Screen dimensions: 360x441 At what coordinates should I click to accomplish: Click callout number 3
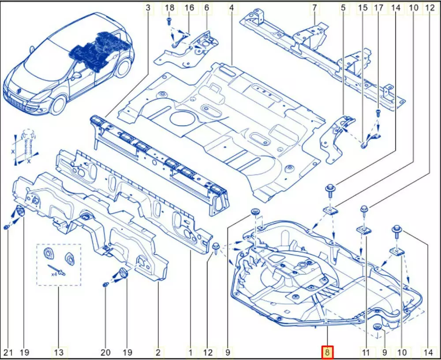point(148,7)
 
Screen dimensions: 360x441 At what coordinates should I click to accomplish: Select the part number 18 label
point(169,7)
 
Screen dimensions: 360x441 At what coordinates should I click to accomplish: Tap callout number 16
point(189,7)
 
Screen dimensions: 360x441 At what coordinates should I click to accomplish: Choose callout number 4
point(232,7)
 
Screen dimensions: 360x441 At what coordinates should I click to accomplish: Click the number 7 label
point(314,7)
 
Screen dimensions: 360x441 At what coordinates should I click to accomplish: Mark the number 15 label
point(363,7)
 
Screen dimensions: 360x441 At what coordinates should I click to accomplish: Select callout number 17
point(379,7)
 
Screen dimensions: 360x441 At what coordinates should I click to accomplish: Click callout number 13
point(59,352)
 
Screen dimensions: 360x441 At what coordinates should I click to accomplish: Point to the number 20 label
point(105,352)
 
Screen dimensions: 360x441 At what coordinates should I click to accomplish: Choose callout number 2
point(158,352)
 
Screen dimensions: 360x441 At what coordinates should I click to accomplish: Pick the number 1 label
point(191,352)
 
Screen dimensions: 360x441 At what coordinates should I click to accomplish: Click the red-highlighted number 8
point(327,352)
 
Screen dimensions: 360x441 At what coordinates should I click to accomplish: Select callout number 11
point(366,352)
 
